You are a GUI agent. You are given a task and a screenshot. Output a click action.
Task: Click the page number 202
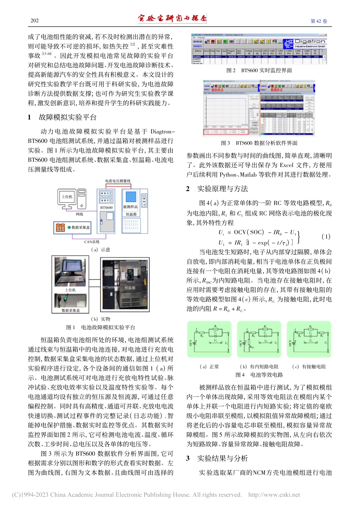pyautogui.click(x=34, y=20)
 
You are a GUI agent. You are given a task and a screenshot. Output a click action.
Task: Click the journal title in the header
pyautogui.click(x=172, y=18)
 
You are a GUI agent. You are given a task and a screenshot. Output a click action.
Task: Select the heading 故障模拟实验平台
pyautogui.click(x=67, y=117)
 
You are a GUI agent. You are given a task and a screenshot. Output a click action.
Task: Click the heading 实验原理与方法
pyautogui.click(x=222, y=189)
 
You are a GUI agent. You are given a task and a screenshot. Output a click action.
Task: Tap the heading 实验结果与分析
pyautogui.click(x=222, y=458)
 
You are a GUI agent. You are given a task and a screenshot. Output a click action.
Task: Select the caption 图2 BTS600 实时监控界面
pyautogui.click(x=259, y=70)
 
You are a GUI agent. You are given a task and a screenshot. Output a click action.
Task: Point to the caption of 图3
pyautogui.click(x=259, y=143)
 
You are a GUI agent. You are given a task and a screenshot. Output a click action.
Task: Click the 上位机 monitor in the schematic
pyautogui.click(x=67, y=197)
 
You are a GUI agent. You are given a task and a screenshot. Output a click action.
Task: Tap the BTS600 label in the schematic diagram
pyautogui.click(x=106, y=208)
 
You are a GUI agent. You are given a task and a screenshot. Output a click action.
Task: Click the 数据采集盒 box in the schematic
pyautogui.click(x=72, y=227)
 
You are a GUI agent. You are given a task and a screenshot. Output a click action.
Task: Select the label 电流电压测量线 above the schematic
pyautogui.click(x=117, y=181)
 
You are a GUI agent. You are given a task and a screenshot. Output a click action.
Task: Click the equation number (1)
pyautogui.click(x=326, y=236)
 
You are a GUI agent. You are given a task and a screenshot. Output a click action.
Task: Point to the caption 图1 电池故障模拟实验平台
pyautogui.click(x=101, y=327)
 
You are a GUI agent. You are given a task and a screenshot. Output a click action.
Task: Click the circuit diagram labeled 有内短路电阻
pyautogui.click(x=259, y=339)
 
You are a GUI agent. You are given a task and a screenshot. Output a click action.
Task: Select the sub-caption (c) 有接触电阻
pyautogui.click(x=309, y=367)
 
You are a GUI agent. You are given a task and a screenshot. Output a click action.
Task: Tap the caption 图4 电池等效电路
pyautogui.click(x=259, y=375)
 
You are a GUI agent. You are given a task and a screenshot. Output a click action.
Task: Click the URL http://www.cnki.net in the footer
pyautogui.click(x=274, y=495)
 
